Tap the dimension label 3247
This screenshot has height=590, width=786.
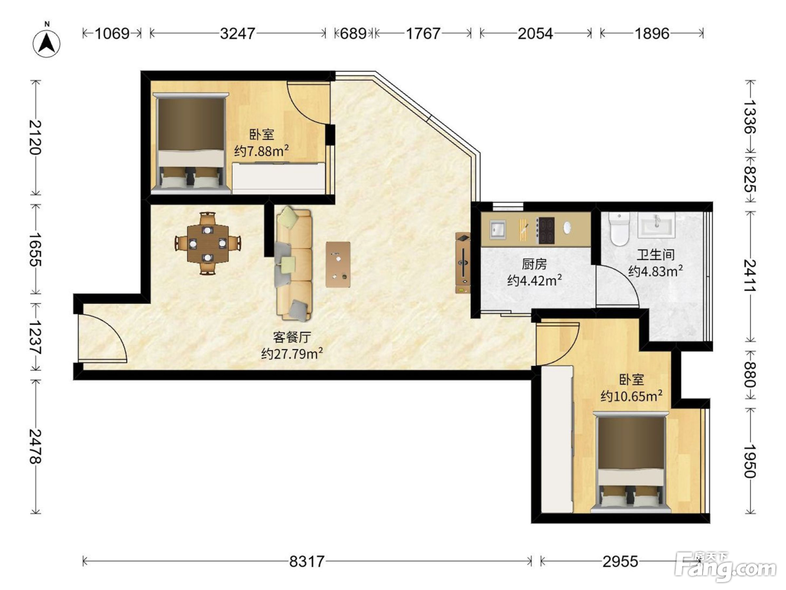(x=237, y=34)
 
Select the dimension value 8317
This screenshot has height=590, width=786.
(x=307, y=561)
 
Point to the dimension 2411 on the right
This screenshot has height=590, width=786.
(x=750, y=275)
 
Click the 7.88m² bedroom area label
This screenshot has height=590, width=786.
(x=262, y=151)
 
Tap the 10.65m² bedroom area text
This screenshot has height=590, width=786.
(x=631, y=396)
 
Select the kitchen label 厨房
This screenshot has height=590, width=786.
(x=534, y=264)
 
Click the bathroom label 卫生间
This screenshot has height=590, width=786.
(x=655, y=255)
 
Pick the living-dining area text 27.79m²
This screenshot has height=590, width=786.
(x=292, y=354)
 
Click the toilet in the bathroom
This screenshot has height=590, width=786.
(x=619, y=229)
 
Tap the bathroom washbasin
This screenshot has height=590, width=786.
(x=656, y=225)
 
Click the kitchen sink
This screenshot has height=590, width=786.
(x=497, y=230)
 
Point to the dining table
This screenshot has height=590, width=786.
(x=208, y=243)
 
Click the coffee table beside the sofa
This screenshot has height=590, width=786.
(x=338, y=265)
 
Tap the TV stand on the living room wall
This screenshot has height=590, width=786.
(x=463, y=263)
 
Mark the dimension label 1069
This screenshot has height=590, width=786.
(x=112, y=34)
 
